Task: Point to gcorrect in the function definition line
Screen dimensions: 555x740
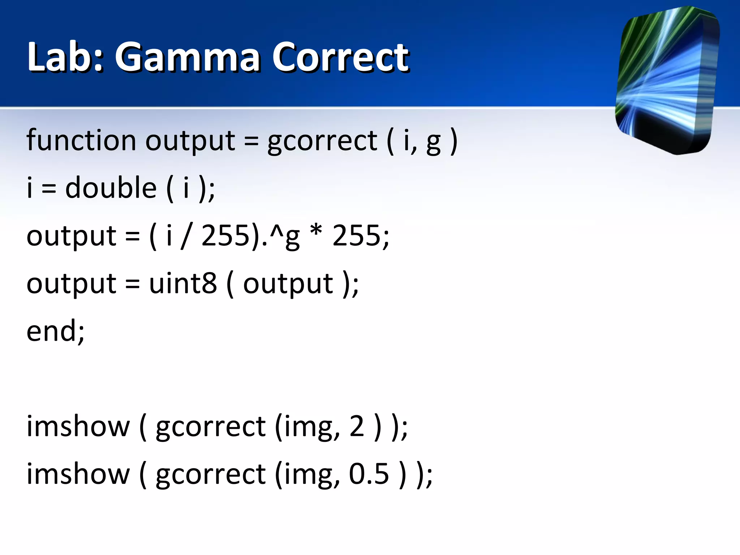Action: tap(322, 141)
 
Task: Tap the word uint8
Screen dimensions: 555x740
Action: tap(183, 283)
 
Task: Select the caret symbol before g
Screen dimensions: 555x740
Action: tap(276, 231)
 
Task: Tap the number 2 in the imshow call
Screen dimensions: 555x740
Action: tap(357, 426)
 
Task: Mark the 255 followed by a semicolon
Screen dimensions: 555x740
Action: tap(356, 236)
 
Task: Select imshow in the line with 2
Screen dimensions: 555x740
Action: tap(78, 426)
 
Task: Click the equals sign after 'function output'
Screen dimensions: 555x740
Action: tap(251, 141)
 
